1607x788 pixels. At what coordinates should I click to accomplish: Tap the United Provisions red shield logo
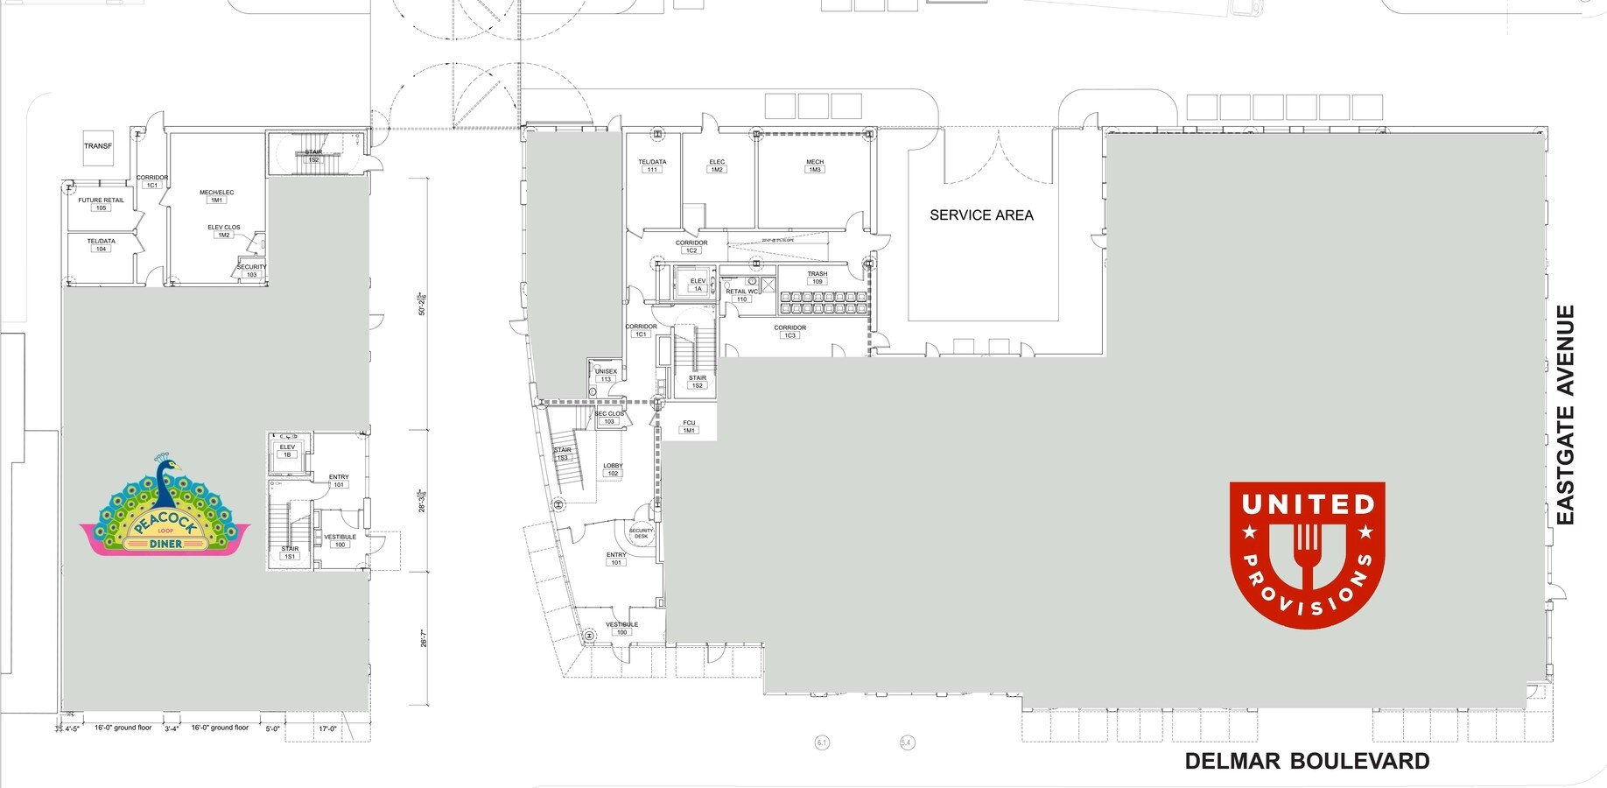click(1307, 553)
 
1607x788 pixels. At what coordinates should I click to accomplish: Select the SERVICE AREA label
click(981, 215)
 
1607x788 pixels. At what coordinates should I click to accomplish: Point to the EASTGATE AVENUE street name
click(1566, 415)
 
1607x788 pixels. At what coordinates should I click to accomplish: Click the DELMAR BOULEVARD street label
click(1307, 762)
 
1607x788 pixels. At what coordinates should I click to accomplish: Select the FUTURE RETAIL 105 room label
click(101, 204)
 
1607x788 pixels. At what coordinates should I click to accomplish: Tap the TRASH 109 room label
click(817, 278)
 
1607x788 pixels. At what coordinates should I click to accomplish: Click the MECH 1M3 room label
click(815, 165)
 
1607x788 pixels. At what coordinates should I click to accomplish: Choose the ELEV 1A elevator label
click(698, 285)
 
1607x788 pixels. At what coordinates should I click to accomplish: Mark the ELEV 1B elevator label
click(287, 451)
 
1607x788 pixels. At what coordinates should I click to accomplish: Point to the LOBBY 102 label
click(613, 470)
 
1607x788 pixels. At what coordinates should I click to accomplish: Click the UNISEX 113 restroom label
click(606, 376)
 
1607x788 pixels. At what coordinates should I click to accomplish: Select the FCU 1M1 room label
click(689, 426)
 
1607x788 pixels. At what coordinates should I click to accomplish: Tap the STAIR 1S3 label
click(562, 454)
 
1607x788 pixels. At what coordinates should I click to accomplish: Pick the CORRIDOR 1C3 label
click(789, 331)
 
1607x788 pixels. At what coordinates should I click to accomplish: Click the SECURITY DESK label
click(641, 533)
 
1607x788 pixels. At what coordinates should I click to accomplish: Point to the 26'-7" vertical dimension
click(424, 639)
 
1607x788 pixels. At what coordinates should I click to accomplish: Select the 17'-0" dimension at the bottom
click(327, 728)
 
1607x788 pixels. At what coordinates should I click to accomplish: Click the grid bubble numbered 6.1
click(822, 742)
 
